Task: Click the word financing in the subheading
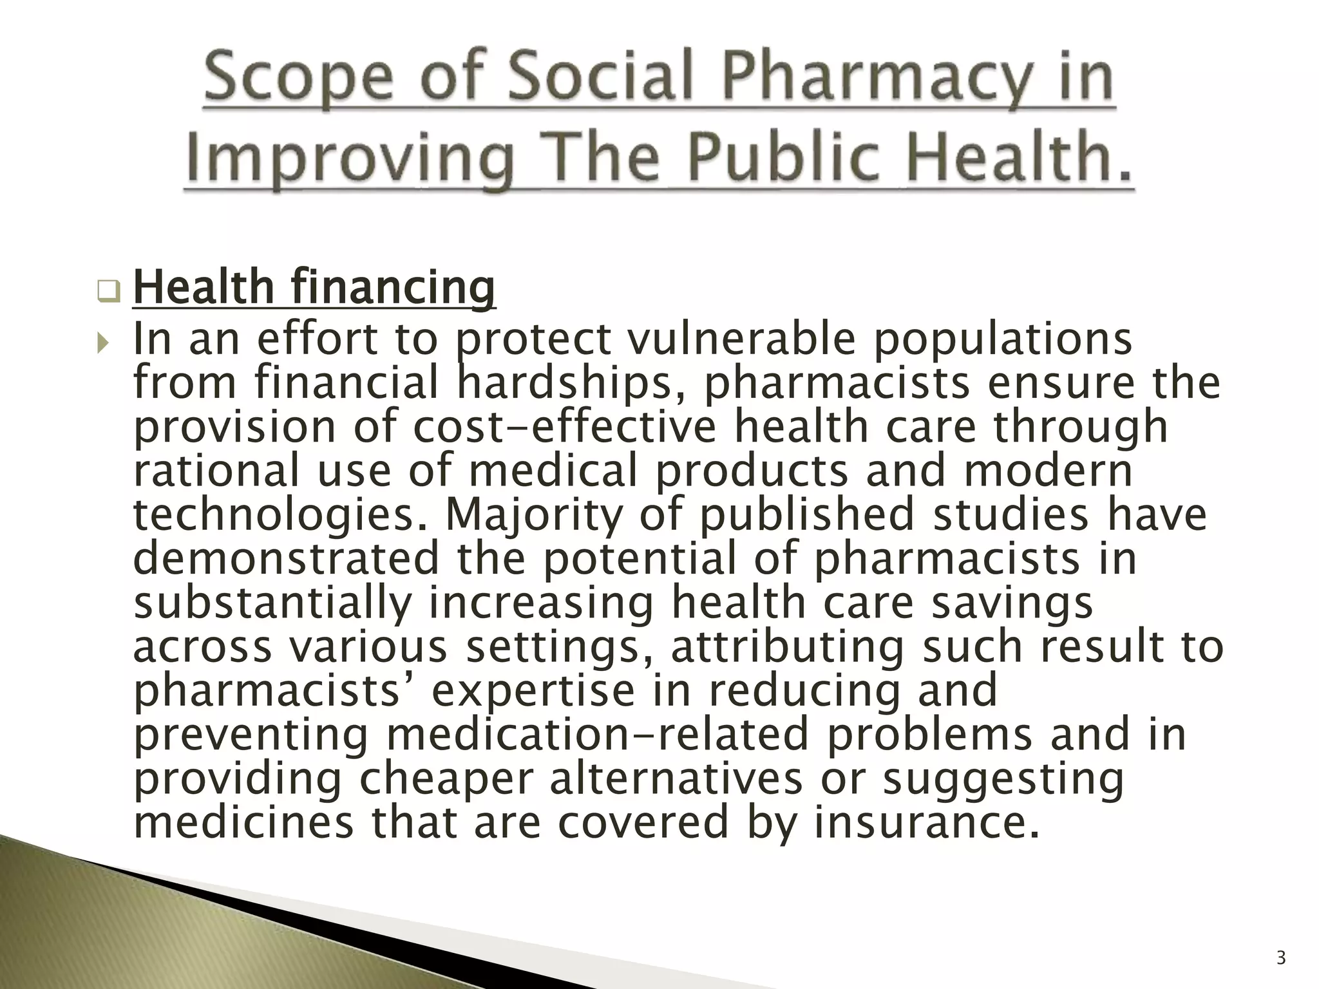pos(394,288)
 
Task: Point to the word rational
pos(216,471)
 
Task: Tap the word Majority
pos(534,515)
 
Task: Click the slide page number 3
pos(1281,959)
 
